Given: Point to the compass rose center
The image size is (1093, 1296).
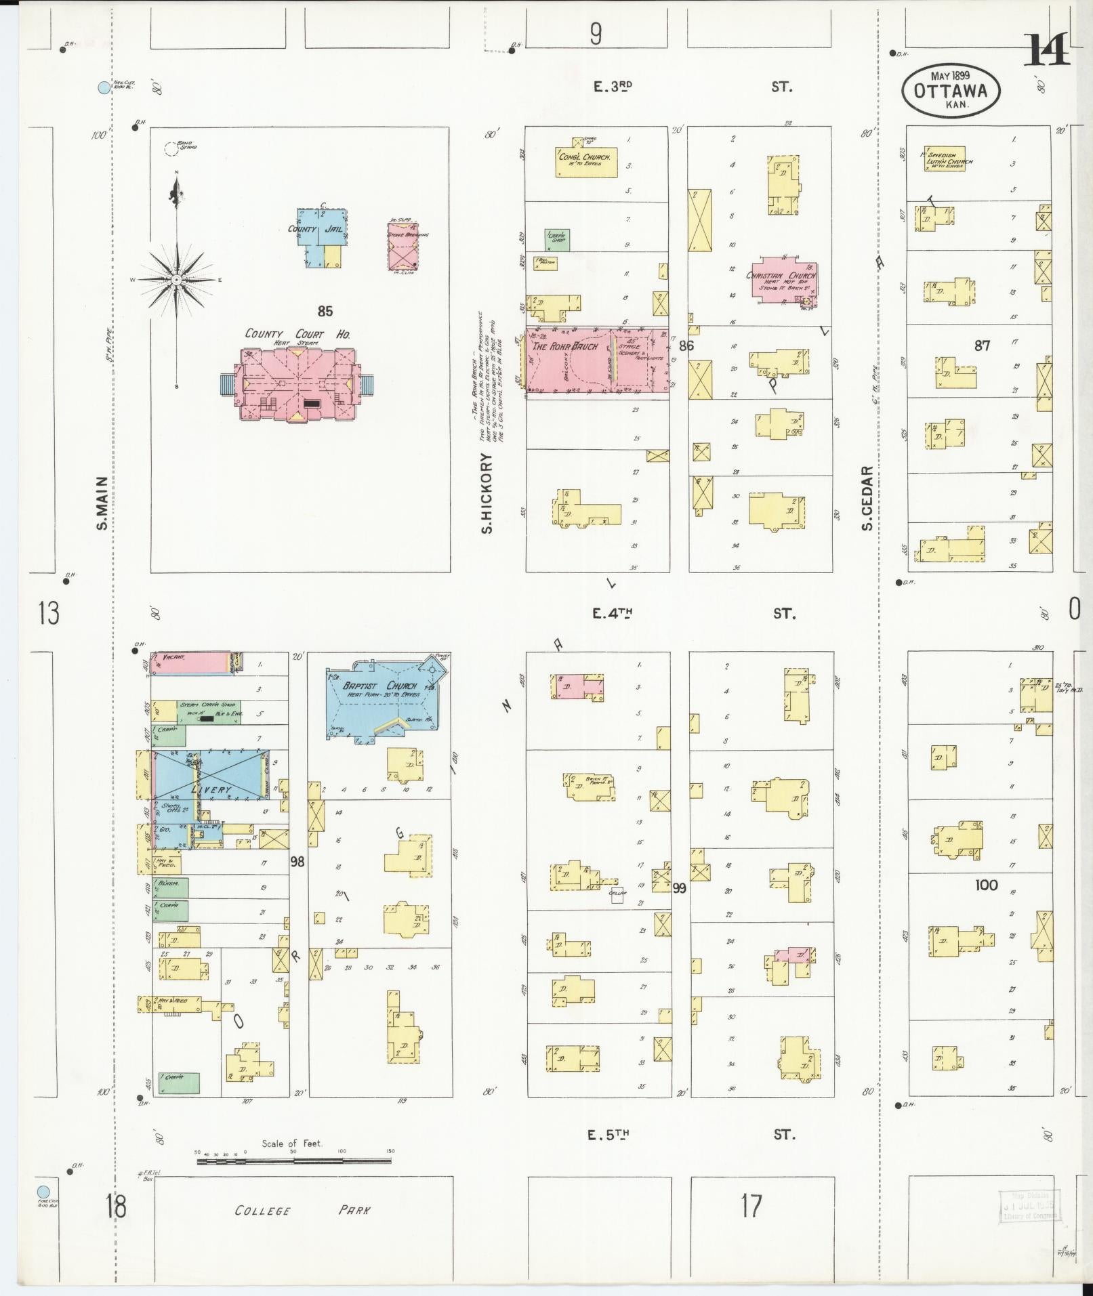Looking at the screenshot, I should coord(176,279).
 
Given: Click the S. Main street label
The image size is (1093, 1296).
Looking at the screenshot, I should coord(102,503).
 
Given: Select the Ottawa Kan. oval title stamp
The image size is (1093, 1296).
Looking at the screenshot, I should coord(951,91).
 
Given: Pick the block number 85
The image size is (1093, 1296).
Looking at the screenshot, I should coord(325,311).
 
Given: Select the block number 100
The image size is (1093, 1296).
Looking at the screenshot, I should coord(986,885).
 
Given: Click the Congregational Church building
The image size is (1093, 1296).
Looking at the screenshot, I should coord(587,161).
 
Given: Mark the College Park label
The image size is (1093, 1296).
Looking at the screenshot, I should coord(302,1210).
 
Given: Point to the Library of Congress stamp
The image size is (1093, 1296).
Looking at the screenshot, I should coord(1029,1206).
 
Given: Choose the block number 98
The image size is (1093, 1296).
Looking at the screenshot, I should coord(297,861).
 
